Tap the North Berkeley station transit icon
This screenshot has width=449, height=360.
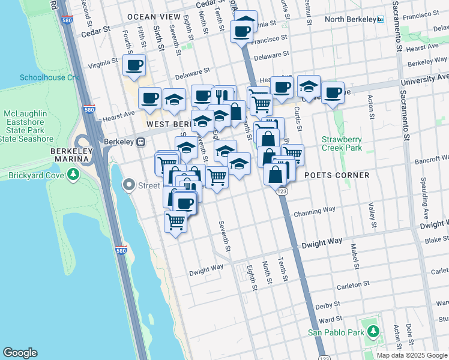(381, 20)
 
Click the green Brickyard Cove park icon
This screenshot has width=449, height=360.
(73, 175)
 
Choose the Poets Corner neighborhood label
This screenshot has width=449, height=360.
(336, 175)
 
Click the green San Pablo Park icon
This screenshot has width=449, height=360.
(373, 331)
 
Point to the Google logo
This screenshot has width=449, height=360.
(20, 353)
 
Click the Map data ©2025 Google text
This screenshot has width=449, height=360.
(412, 355)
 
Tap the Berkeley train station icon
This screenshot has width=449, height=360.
(140, 142)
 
